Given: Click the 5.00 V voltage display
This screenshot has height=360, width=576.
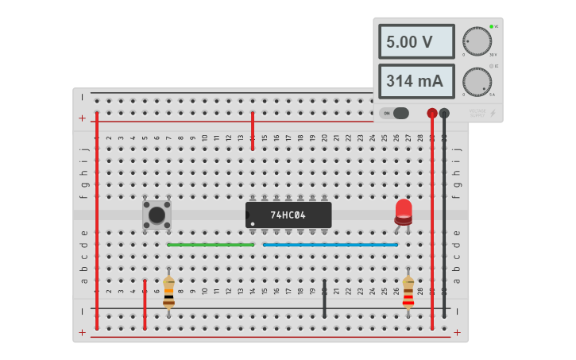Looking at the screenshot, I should pos(416,41).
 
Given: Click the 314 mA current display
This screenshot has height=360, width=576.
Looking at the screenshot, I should pos(416,81).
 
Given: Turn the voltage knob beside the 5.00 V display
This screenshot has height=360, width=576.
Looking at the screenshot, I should pos(477,41).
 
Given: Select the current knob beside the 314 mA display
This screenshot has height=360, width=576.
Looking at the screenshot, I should pos(477,81).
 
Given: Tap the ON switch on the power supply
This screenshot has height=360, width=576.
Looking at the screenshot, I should pos(394,113).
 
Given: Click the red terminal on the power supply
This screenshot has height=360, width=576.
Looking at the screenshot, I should pos(432,114).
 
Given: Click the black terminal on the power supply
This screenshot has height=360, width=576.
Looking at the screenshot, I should pos(444,114).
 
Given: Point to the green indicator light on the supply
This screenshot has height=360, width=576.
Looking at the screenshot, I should pos(492,26).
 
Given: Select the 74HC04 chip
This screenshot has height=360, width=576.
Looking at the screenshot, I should pos(288,215).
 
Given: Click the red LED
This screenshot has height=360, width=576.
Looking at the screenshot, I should pos(404,211).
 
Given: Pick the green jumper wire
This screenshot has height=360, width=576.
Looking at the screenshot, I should pos(211,245).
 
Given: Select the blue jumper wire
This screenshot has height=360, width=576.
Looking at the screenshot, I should pos(330,245).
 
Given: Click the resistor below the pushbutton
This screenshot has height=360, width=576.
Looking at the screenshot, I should pos(168,293).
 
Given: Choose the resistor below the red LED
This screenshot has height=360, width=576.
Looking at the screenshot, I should pos(408,293).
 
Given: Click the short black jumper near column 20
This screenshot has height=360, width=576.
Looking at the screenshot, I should pos(324,298).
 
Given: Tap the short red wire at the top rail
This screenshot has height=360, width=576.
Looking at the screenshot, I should pos(253,131).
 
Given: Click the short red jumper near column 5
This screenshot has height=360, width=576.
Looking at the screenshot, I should pos(145,304).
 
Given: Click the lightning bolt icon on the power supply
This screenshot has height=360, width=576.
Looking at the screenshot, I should pos(493,114).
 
